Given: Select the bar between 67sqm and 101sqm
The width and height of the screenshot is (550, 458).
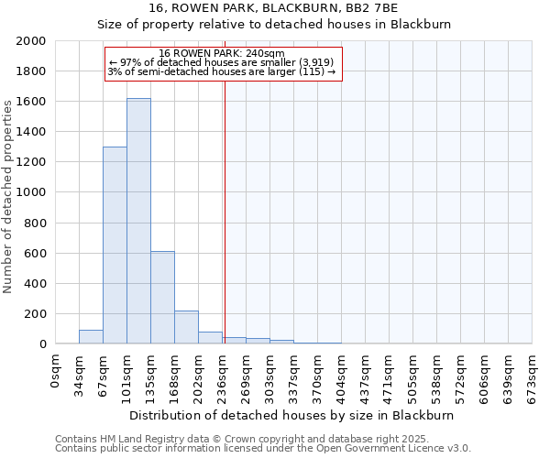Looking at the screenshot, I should [115, 245].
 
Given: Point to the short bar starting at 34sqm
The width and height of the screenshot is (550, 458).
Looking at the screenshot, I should [91, 337].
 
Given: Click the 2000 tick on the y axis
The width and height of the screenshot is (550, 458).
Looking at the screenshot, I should [33, 41].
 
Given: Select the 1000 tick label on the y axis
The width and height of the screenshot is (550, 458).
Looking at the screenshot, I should [33, 192].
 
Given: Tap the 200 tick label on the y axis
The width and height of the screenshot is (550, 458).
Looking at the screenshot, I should [37, 314].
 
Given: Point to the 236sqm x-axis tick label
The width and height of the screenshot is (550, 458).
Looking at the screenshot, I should [223, 373].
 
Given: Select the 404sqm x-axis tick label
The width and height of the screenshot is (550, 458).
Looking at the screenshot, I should [342, 373].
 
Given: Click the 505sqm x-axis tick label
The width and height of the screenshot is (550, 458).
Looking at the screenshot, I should [413, 373].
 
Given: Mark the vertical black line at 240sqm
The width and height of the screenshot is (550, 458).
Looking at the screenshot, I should [225, 211].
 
